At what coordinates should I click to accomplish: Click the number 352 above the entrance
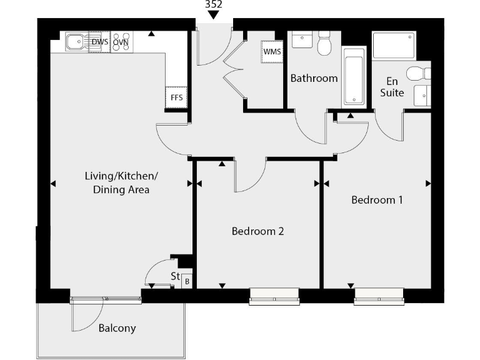[213, 4]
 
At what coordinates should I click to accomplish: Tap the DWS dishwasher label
[99, 42]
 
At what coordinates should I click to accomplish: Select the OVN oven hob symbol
[121, 42]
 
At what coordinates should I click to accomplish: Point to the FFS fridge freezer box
[176, 97]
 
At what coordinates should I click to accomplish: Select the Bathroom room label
[314, 78]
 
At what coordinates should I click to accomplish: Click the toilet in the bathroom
[324, 44]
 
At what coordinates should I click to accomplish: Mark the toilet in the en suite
[417, 74]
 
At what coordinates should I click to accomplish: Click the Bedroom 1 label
[376, 200]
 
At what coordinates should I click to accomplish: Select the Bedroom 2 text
[257, 231]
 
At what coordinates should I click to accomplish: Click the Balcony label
[117, 327]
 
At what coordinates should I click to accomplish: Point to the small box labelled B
[186, 282]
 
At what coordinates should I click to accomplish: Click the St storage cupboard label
[175, 276]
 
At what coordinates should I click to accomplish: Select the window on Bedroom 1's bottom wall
[379, 296]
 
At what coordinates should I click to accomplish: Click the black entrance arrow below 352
[213, 15]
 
